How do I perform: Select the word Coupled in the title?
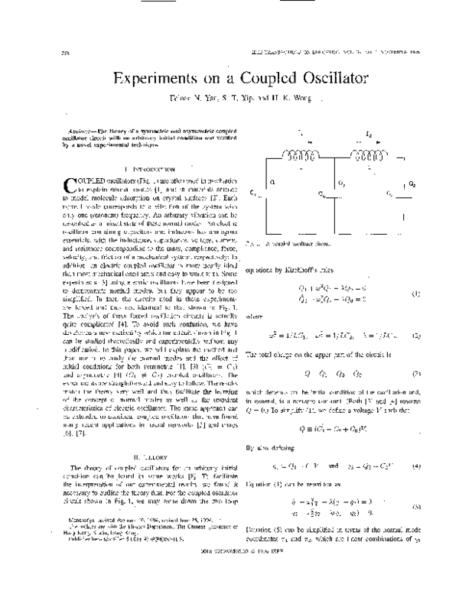(253, 79)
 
